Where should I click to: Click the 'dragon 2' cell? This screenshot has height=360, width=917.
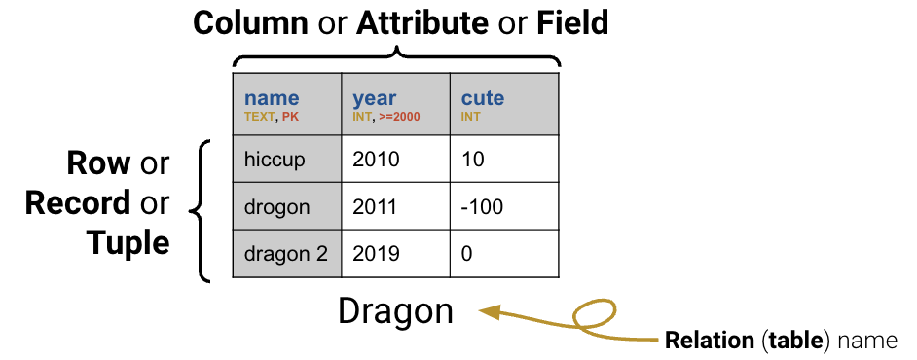pos(287,254)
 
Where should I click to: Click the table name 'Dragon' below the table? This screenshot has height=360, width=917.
pos(395,311)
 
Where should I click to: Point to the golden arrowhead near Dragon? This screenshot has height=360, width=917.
pos(490,312)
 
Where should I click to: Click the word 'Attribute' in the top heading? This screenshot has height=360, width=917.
pos(423,22)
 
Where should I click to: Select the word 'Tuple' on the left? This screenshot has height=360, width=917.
pos(128,242)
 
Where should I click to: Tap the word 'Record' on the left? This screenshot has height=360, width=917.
pos(78,202)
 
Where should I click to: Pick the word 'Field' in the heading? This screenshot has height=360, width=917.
pos(572,22)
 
